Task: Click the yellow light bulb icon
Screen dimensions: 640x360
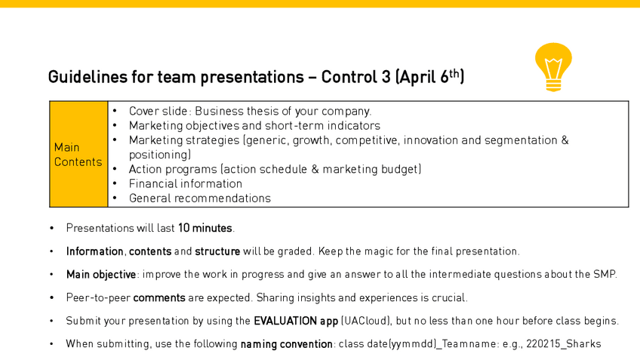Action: click(553, 67)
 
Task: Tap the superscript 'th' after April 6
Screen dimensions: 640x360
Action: click(454, 73)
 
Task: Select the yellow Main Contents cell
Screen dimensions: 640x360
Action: click(78, 154)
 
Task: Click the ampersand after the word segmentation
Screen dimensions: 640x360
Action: click(565, 140)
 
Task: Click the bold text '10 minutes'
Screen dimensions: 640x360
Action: click(205, 228)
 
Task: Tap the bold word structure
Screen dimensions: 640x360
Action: click(217, 251)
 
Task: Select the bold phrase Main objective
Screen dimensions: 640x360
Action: click(101, 274)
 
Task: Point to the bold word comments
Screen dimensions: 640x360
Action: click(159, 298)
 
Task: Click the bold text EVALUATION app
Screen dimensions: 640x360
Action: click(296, 322)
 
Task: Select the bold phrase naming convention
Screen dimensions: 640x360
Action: click(287, 344)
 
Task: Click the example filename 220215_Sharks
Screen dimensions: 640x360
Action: click(564, 344)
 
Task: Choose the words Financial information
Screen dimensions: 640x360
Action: click(186, 184)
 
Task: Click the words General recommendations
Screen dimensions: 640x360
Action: click(199, 198)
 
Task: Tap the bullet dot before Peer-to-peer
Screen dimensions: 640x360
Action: click(51, 298)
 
